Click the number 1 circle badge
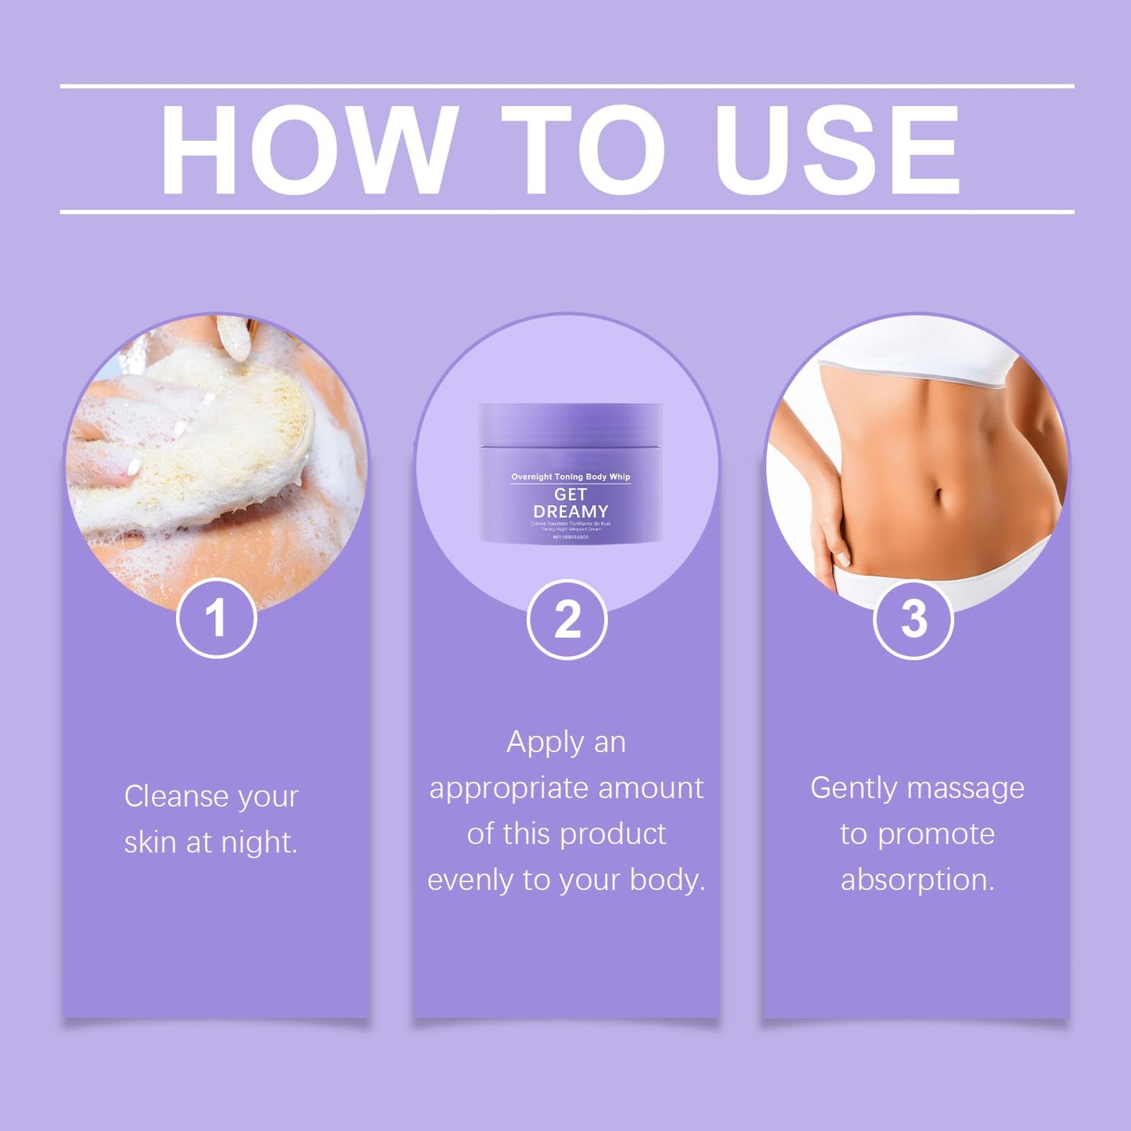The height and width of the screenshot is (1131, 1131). (216, 618)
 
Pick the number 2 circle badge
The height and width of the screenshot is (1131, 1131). (567, 619)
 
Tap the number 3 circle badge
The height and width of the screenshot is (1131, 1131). (913, 619)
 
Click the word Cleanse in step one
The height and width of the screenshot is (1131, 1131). (175, 797)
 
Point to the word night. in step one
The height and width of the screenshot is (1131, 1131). (259, 843)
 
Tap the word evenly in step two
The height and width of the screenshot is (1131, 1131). (471, 881)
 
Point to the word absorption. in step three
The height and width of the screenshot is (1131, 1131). (917, 880)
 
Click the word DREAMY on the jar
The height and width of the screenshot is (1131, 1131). (571, 511)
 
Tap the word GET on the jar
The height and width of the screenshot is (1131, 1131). (571, 495)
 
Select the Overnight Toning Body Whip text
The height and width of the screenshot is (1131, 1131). (571, 477)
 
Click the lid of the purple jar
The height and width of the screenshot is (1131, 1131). (571, 423)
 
